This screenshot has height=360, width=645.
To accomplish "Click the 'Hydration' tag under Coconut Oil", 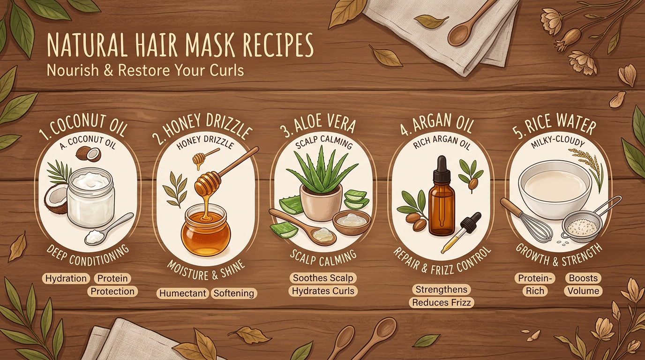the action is tap(66, 278).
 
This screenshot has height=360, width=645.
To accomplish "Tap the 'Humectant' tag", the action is tap(182, 293).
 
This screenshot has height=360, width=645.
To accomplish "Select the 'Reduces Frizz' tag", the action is tap(442, 302).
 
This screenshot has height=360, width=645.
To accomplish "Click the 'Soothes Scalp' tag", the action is tap(323, 278).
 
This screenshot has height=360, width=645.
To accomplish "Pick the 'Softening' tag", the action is tap(233, 293).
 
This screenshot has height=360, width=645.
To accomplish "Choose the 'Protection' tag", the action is tap(112, 292).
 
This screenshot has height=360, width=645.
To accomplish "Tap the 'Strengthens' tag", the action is tap(441, 289).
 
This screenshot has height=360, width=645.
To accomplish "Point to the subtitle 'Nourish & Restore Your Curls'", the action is tap(145, 70).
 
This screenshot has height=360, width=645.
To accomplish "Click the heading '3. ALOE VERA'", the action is tap(318, 125).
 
